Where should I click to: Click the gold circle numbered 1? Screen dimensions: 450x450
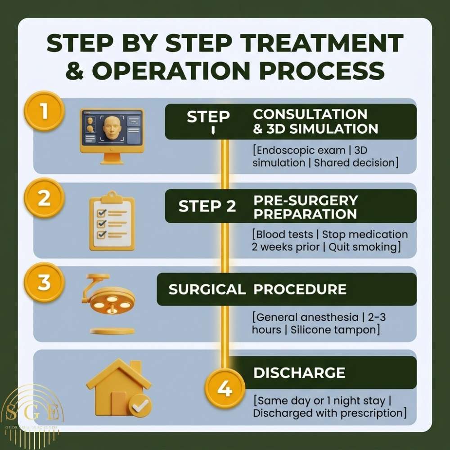44,111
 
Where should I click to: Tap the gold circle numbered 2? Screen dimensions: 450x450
44,198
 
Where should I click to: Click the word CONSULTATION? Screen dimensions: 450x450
310,114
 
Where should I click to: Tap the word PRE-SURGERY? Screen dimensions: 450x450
306,200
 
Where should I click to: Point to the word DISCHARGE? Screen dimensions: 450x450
299,373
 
